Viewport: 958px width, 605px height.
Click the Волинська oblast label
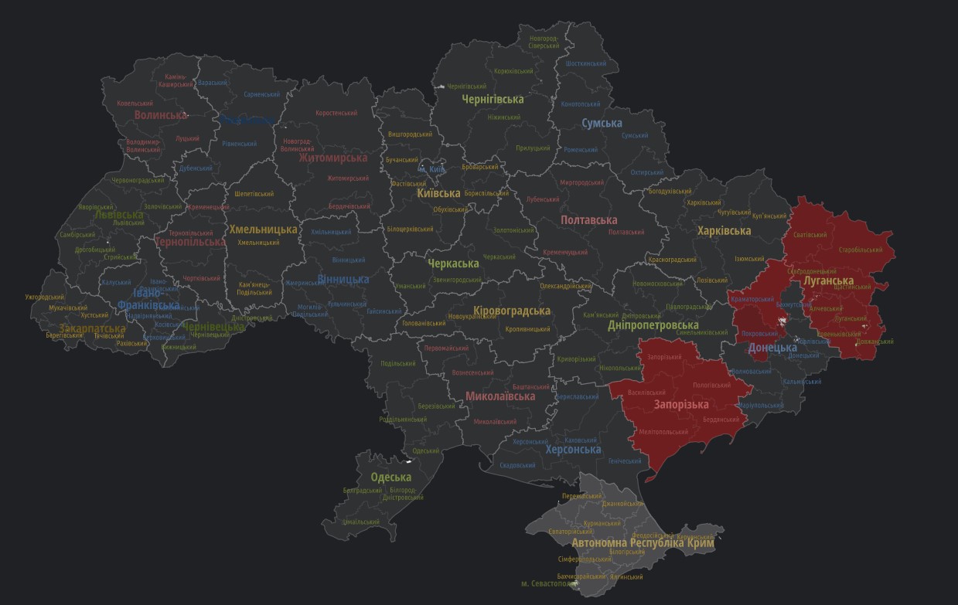point(161,115)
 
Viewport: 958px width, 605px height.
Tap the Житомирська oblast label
point(332,158)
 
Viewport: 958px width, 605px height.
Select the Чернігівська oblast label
point(493,99)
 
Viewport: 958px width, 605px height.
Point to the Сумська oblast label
point(602,123)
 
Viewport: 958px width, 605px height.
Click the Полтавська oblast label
point(588,220)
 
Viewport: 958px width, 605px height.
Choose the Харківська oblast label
point(724,231)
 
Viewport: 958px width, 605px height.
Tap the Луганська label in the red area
point(828,281)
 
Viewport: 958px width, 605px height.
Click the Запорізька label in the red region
point(681,404)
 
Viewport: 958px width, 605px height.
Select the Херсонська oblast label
point(573,450)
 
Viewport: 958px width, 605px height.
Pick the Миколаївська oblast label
point(500,396)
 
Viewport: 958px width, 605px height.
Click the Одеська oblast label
point(390,477)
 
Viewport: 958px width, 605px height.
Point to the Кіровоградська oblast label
point(512,311)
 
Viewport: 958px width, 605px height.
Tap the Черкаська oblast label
point(453,263)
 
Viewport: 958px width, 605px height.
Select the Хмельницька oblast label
point(263,229)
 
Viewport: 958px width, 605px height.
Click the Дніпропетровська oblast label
point(653,325)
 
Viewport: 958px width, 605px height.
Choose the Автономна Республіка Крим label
point(643,543)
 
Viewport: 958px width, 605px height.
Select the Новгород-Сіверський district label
point(544,42)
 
